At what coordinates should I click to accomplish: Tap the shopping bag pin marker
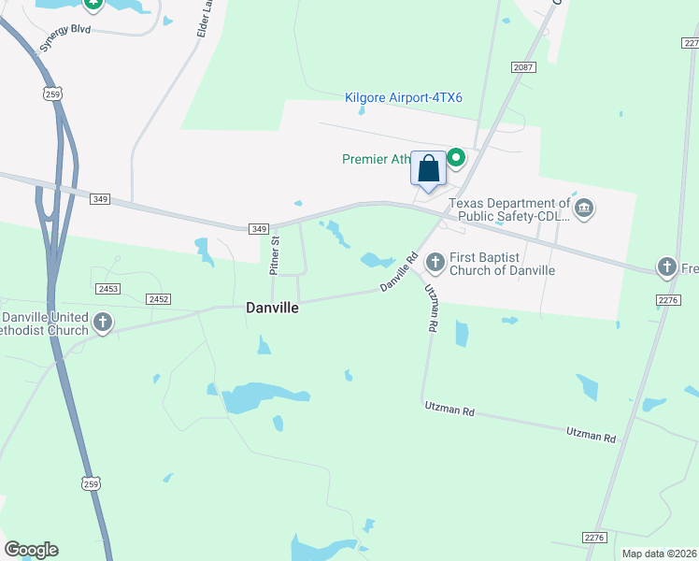[429, 169]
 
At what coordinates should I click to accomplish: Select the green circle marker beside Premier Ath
[456, 158]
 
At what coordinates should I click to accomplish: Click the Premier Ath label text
[377, 159]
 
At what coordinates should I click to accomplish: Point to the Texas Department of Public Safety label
[509, 210]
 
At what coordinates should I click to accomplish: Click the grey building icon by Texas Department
[584, 207]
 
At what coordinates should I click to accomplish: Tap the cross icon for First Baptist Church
[435, 262]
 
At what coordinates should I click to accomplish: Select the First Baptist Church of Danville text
[503, 264]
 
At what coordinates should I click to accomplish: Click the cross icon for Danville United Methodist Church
[103, 324]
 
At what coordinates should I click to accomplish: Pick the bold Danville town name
[272, 307]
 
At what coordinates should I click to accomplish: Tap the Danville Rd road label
[398, 274]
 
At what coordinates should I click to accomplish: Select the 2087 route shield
[523, 67]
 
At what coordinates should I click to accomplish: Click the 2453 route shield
[107, 289]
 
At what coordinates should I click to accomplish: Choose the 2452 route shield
[158, 298]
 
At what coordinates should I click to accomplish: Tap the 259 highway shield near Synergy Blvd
[52, 93]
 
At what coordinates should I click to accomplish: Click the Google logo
[31, 550]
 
